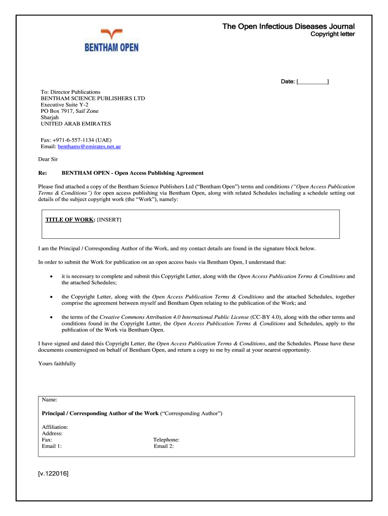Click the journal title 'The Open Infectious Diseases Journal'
pos(289,26)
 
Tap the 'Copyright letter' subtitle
pos(332,34)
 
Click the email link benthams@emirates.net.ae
pos(89,147)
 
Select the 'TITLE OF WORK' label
pos(70,220)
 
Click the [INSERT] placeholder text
pos(109,220)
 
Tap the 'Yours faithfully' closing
pos(57,363)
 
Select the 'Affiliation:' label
pos(55,427)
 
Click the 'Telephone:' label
pos(166,439)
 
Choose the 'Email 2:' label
pos(164,446)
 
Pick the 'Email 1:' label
pos(52,446)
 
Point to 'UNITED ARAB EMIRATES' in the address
pos(76,123)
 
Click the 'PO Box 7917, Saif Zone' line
pos(70,111)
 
